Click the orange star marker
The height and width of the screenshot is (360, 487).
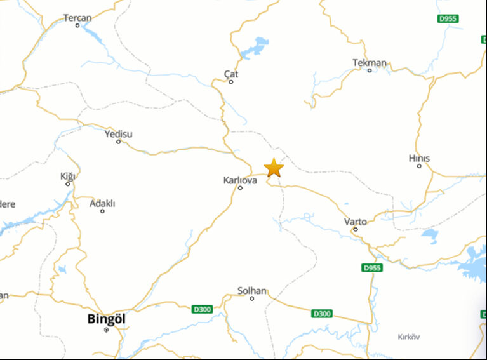tap(274, 168)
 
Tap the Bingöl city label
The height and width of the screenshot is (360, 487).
tap(107, 319)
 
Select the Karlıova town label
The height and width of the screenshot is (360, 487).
tap(240, 180)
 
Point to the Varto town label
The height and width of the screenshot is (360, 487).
tap(355, 222)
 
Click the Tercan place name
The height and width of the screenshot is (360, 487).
tap(77, 18)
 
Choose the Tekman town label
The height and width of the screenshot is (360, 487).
tap(370, 63)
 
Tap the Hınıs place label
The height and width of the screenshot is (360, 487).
tap(419, 158)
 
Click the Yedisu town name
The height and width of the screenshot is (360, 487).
tap(118, 134)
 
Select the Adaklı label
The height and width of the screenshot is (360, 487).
tap(102, 204)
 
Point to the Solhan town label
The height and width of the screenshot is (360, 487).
tap(252, 291)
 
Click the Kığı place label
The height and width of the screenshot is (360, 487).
tap(67, 176)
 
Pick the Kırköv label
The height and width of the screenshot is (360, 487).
tap(408, 337)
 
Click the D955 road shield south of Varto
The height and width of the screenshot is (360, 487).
tap(372, 268)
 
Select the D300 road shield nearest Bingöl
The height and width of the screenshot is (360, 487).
tap(201, 309)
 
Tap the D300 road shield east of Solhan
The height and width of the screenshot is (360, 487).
tap(322, 314)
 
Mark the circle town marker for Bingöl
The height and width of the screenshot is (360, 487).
tap(106, 330)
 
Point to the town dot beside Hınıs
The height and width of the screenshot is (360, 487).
tap(419, 166)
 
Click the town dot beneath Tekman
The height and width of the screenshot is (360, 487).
tap(370, 70)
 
